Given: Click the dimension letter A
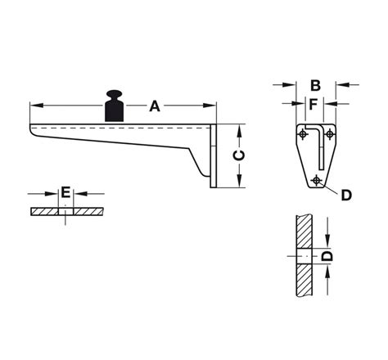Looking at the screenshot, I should (x=154, y=106).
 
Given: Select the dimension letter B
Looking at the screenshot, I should (x=315, y=83).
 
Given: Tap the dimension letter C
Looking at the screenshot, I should (x=234, y=155).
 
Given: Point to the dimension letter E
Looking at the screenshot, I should (x=65, y=193).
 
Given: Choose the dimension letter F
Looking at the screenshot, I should (x=313, y=104).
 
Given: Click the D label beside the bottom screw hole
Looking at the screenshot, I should (x=345, y=194).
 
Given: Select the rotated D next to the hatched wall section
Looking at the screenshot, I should (x=326, y=256).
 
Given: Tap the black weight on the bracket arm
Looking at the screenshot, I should (x=113, y=107).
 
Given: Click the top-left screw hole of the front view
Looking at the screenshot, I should (x=300, y=133).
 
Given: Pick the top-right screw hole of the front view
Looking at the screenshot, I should (x=329, y=133).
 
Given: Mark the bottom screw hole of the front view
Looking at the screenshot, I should (x=317, y=180).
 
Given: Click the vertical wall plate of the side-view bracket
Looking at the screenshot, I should (x=214, y=155).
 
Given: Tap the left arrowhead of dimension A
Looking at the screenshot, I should (x=34, y=106).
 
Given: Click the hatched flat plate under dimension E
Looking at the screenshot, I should (x=90, y=212).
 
